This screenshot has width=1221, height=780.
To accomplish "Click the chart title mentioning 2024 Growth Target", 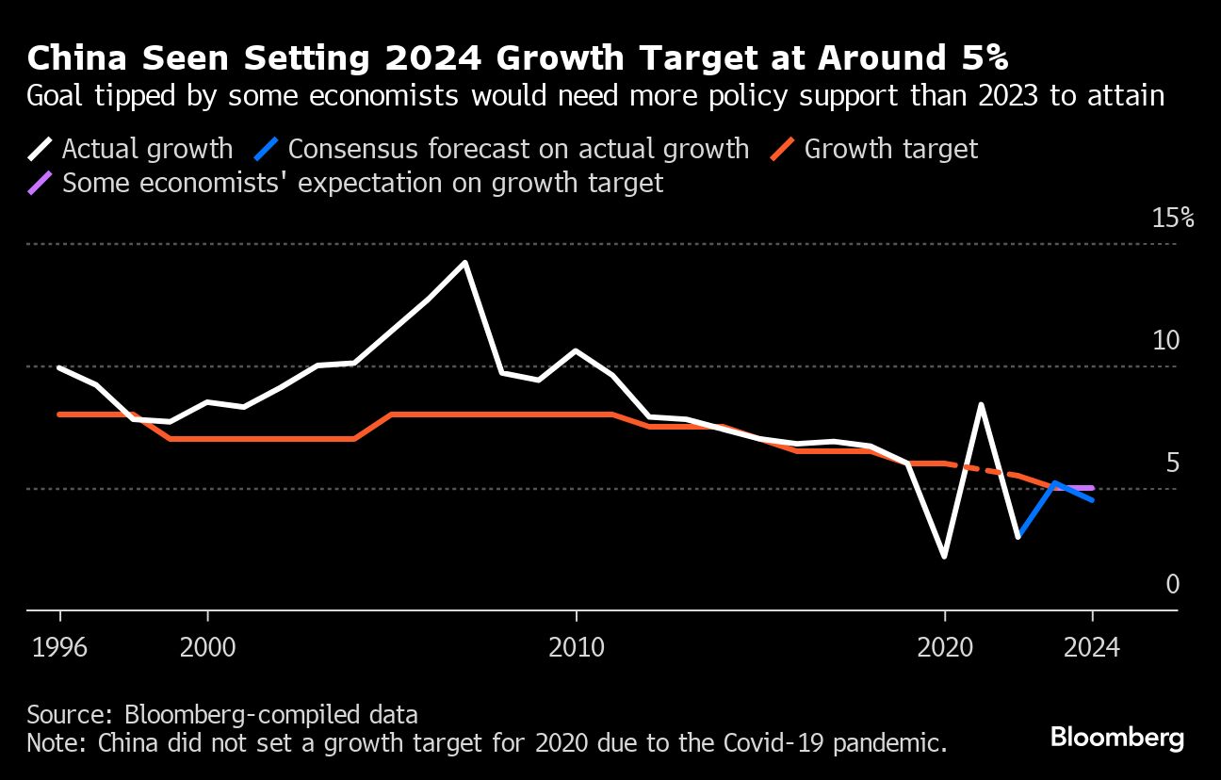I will [518, 58].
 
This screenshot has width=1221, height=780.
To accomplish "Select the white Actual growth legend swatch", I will [41, 149].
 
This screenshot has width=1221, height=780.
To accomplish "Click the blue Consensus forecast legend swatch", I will [267, 149].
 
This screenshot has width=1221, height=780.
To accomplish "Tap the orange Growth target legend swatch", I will [783, 149].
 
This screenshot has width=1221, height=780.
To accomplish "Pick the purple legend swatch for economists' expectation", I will [41, 182].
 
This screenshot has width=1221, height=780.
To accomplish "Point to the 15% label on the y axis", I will [1173, 219].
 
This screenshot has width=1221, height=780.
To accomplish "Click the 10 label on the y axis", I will [1165, 340].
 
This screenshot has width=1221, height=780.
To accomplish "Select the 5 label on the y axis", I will [1172, 463].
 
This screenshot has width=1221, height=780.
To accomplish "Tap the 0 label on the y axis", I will [1172, 585].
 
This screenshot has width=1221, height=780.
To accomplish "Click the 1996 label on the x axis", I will [60, 648].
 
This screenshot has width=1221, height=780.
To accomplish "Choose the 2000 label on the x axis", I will [207, 648].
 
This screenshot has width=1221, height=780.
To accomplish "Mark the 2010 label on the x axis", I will [575, 648].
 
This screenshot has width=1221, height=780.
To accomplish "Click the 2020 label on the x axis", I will [944, 648].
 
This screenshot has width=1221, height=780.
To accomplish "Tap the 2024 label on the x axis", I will [1092, 648].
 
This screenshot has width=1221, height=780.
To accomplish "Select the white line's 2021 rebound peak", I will [981, 405].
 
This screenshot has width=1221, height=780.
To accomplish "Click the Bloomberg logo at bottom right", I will [1116, 737].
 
